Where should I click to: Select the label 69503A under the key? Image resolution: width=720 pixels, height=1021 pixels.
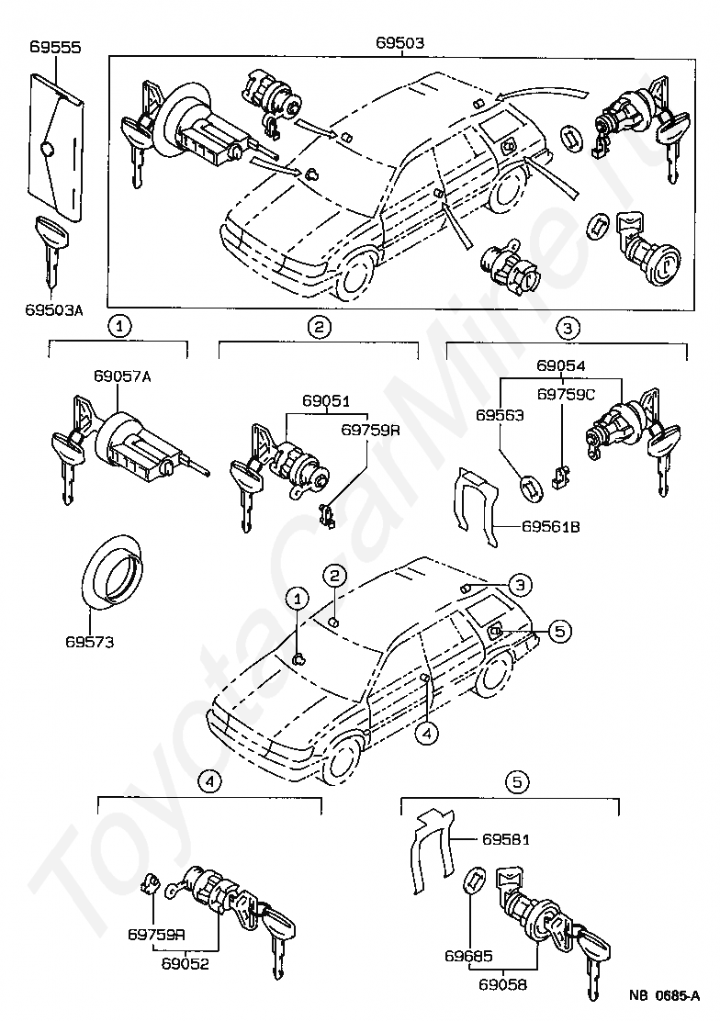54,310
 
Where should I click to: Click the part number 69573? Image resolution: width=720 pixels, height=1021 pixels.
89,642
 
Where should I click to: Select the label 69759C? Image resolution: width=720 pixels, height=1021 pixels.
567,395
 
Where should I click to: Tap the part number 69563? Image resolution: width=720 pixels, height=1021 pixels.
500,415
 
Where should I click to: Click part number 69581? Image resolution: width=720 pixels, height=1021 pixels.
506,839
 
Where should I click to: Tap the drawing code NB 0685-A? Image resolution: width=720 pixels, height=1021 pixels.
664,995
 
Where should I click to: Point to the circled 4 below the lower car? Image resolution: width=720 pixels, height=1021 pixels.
426,732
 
